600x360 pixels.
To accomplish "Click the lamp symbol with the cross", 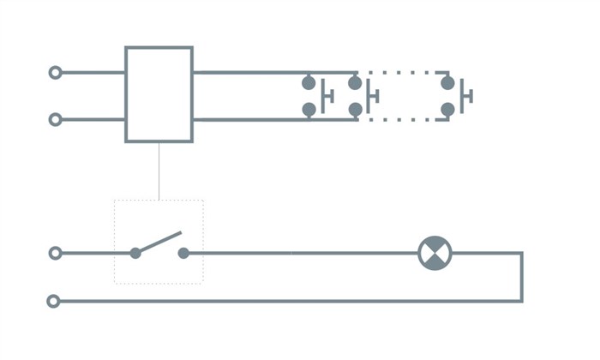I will tap(435, 254).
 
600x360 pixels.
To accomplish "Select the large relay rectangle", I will tap(159, 94).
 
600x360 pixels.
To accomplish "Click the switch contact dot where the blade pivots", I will tap(135, 254).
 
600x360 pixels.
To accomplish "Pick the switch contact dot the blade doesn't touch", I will tap(183, 254).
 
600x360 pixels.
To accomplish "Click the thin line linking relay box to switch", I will tap(159, 171).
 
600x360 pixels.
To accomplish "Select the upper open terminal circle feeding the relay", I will tap(56, 73).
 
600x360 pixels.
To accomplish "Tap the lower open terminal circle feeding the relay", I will tap(56, 119).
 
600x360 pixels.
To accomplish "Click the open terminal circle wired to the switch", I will tap(56, 254).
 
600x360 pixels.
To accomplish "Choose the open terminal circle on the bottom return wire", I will tap(54, 301).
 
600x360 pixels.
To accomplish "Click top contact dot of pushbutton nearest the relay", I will tap(309, 83).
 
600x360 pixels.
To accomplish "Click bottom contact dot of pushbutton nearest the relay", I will tap(309, 110).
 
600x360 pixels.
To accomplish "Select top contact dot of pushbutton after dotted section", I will tap(447, 83).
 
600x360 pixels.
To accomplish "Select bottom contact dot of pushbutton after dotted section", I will tap(447, 110).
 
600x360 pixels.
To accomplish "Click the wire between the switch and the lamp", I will tap(300, 254).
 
